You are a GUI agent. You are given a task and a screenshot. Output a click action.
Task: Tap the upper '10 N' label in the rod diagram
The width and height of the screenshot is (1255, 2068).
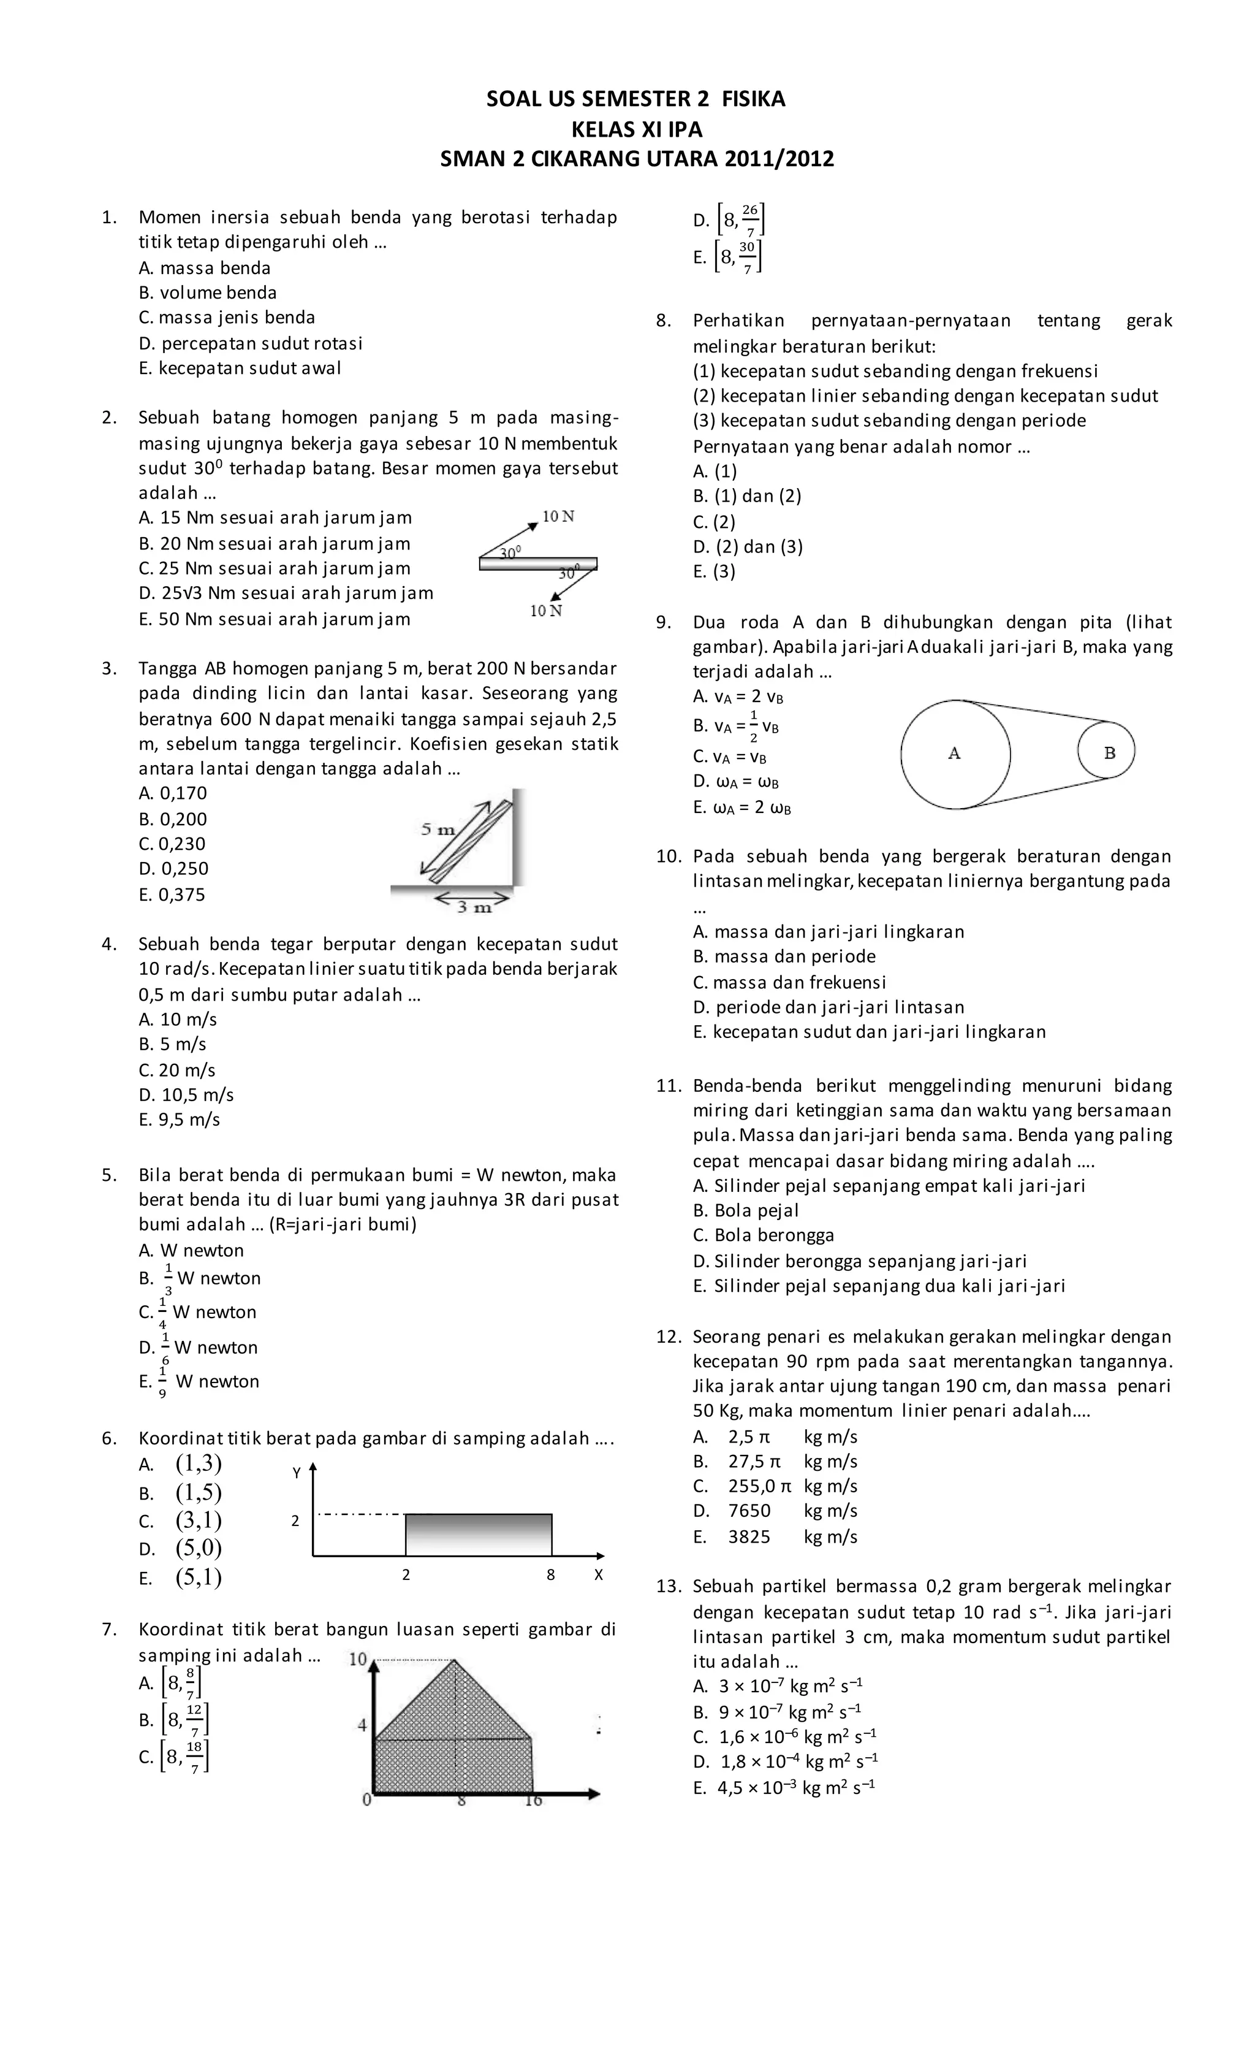point(558,516)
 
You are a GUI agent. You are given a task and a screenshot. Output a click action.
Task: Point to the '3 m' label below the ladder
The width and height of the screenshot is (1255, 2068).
point(474,906)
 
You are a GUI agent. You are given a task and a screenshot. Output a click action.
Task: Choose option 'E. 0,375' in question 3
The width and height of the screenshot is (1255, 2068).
point(172,895)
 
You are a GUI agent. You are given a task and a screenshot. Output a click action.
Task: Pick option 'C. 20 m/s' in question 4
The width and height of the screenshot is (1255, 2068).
point(177,1070)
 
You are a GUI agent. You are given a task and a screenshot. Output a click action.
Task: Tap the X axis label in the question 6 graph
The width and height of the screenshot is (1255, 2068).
point(598,1575)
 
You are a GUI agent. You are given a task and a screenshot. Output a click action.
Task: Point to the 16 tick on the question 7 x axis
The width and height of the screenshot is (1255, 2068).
point(534,1800)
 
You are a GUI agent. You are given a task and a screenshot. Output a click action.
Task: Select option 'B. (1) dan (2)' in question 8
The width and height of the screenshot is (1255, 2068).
point(746,496)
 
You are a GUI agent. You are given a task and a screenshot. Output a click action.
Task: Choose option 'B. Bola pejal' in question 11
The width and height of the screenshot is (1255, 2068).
point(745,1210)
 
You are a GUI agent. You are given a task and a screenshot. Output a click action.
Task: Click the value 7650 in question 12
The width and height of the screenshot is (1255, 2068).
point(749,1511)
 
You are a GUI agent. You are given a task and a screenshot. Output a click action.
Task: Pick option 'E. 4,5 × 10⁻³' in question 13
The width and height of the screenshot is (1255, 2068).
point(784,1788)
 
